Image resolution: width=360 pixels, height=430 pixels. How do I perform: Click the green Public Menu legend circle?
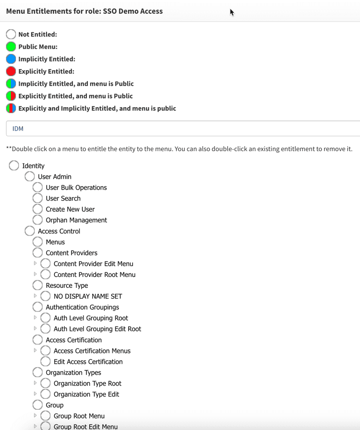[11, 47]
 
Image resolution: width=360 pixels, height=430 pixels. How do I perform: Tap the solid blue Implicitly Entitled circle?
[11, 59]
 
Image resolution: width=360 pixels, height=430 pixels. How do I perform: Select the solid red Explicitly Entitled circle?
[11, 72]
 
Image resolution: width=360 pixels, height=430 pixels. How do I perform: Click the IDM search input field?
[182, 128]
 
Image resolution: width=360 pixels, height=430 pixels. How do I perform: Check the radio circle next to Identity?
[14, 166]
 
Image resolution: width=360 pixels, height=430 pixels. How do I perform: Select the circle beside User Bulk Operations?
[37, 188]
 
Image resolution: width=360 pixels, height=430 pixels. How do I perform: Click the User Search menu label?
[63, 198]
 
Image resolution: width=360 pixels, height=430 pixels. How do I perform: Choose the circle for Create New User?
[37, 209]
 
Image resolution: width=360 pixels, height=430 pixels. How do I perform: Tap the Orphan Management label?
[76, 220]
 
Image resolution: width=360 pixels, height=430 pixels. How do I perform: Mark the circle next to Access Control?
[30, 231]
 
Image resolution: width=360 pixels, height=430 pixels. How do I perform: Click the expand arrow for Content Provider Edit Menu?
[35, 264]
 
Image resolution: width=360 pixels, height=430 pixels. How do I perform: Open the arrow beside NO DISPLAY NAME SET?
[35, 296]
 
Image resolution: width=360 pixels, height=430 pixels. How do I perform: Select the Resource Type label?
[67, 285]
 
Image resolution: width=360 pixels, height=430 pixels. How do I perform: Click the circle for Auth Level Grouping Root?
[45, 318]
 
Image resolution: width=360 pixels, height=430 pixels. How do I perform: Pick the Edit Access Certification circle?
[45, 362]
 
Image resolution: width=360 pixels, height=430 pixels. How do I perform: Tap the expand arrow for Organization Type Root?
[35, 383]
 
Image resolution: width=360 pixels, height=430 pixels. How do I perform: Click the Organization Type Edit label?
[86, 394]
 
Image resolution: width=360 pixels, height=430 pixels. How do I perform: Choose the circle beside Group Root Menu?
[45, 416]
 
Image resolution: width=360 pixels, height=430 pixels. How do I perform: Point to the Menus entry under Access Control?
[55, 242]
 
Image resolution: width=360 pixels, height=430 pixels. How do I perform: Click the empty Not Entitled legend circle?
[11, 35]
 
